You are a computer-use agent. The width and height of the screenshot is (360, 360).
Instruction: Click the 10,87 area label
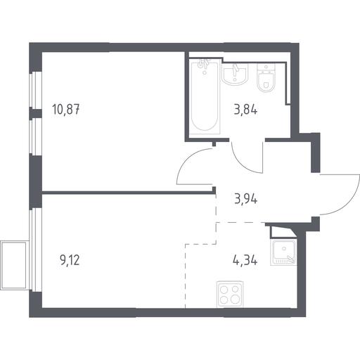[66, 110]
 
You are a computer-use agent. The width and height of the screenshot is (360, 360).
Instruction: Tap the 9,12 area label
[70, 260]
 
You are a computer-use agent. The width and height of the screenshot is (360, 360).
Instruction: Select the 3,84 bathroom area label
[245, 110]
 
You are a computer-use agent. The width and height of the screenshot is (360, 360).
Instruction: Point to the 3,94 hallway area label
[246, 200]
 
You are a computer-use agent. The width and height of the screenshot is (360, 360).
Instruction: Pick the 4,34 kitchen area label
[245, 260]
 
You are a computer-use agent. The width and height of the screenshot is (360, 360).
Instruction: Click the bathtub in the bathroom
[205, 96]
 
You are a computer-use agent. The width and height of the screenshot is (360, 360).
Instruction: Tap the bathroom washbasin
[235, 73]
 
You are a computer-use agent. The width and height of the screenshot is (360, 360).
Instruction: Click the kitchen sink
[283, 252]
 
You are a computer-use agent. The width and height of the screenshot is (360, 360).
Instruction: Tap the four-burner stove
[230, 295]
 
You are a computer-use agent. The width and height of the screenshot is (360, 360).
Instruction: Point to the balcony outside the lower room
[15, 265]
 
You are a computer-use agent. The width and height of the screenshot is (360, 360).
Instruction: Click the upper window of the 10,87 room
[35, 90]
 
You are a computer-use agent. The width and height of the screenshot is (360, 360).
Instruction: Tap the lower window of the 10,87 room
[35, 136]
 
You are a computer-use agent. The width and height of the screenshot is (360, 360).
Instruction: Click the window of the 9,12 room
[35, 250]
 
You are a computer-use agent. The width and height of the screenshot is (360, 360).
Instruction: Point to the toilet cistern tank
[266, 67]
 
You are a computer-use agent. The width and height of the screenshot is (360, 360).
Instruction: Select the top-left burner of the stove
[224, 289]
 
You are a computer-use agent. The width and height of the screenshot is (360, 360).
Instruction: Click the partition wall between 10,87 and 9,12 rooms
[129, 193]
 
